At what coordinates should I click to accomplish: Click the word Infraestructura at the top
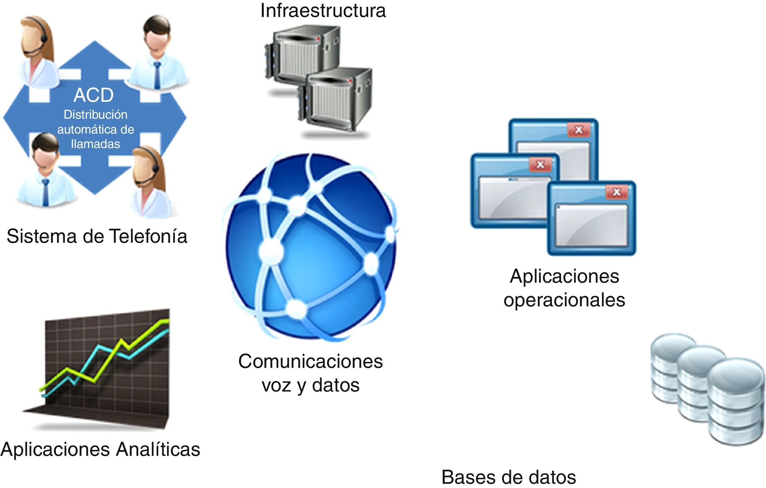pyautogui.click(x=323, y=11)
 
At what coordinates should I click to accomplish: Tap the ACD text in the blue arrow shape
pyautogui.click(x=94, y=95)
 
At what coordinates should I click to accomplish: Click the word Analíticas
pyautogui.click(x=158, y=449)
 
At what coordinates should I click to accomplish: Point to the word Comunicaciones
pyautogui.click(x=310, y=361)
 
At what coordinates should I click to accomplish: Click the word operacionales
pyautogui.click(x=564, y=300)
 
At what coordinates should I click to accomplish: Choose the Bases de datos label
pyautogui.click(x=508, y=477)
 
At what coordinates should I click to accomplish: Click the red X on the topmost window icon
pyautogui.click(x=578, y=130)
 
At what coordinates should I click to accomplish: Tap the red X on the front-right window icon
pyautogui.click(x=617, y=192)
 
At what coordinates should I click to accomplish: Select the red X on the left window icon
pyautogui.click(x=540, y=165)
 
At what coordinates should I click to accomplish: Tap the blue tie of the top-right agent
pyautogui.click(x=157, y=74)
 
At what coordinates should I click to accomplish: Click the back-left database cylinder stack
pyautogui.click(x=671, y=371)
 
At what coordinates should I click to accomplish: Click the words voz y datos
pyautogui.click(x=310, y=385)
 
